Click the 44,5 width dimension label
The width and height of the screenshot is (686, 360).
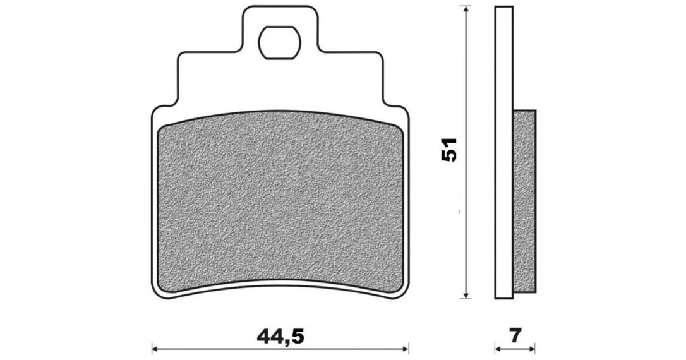coord(280,337)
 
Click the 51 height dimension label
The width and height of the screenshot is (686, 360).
coord(449,150)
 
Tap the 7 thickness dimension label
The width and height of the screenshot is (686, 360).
coord(516,336)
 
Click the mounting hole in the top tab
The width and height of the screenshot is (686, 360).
coord(279,42)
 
